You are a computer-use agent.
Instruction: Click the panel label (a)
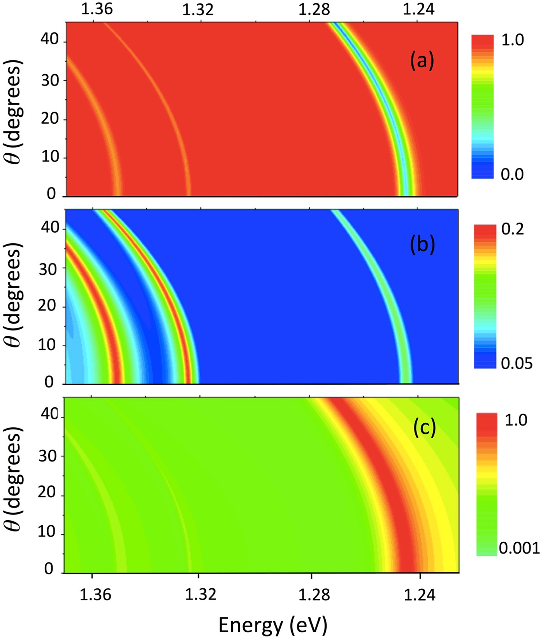click(422, 61)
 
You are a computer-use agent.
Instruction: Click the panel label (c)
click(424, 427)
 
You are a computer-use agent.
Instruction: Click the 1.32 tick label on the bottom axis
click(200, 595)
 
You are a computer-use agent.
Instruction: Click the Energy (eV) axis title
click(273, 625)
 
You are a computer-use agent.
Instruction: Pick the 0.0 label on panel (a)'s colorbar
click(512, 174)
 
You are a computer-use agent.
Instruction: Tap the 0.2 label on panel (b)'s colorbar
click(513, 229)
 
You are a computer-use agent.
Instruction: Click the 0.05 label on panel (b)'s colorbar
click(517, 363)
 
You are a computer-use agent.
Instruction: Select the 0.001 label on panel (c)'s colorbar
click(519, 548)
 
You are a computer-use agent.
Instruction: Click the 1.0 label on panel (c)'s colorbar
click(516, 420)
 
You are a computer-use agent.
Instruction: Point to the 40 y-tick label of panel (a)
click(49, 39)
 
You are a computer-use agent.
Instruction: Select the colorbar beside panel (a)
click(482, 107)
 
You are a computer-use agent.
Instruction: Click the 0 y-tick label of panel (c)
click(49, 569)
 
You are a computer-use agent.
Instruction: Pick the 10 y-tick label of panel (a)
click(49, 156)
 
